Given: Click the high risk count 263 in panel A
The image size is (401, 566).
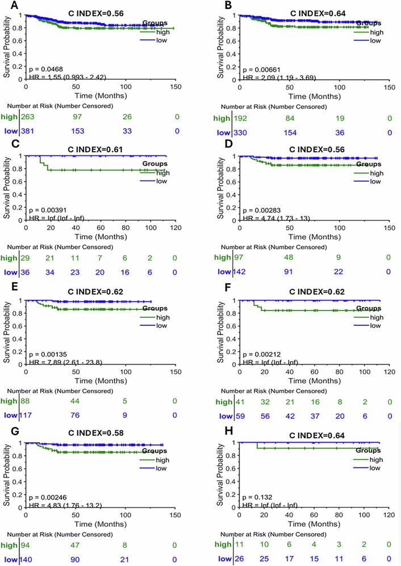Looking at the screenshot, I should click(x=28, y=116).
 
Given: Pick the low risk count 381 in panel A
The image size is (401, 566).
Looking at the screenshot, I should click(x=28, y=132).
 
